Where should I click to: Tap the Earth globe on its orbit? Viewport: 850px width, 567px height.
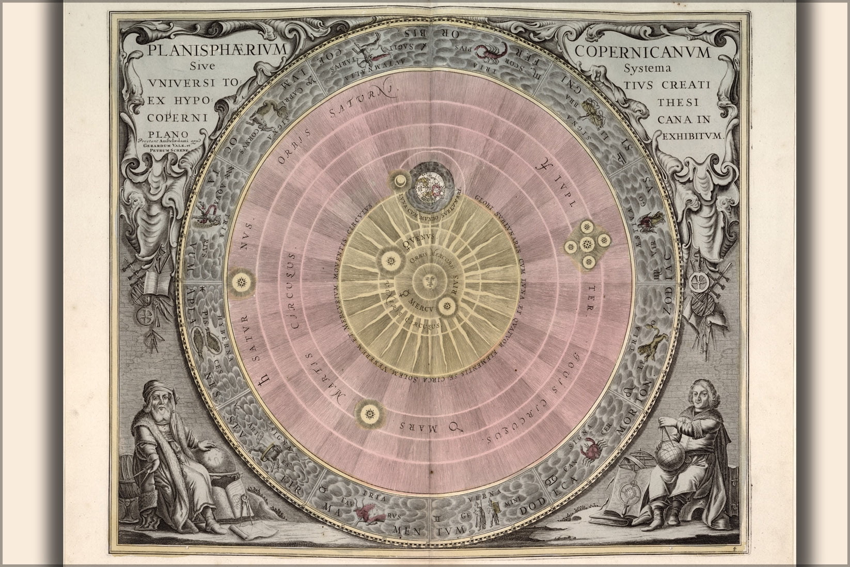click(x=432, y=185)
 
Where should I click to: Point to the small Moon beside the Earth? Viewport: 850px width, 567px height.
click(x=401, y=182)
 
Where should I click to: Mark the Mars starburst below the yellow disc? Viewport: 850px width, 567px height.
click(x=369, y=412)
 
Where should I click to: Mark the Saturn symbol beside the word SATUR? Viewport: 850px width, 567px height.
click(x=264, y=381)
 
